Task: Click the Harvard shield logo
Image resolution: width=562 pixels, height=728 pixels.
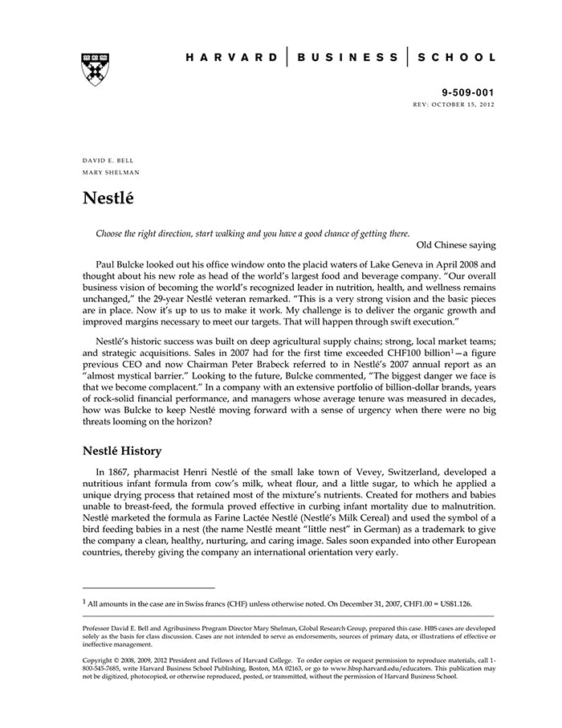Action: [95, 69]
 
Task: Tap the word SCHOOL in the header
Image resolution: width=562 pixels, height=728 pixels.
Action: [455, 58]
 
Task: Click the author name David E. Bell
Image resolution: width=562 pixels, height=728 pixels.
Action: [108, 160]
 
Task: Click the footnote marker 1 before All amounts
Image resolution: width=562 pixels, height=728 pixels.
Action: [84, 600]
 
